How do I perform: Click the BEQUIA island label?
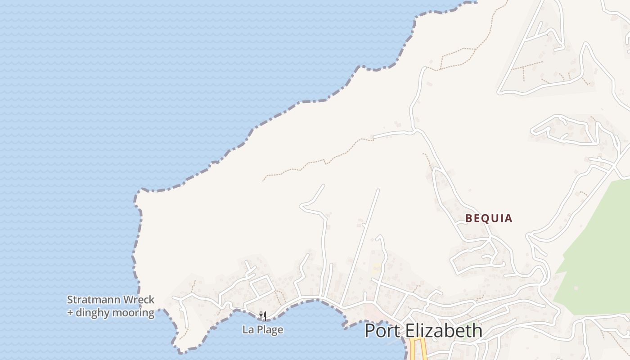[489, 219]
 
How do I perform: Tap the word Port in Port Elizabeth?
[382, 331]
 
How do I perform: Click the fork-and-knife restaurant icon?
[263, 316]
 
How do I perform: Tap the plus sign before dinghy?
[70, 313]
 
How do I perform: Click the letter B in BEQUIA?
[468, 219]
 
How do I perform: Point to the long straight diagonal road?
[360, 247]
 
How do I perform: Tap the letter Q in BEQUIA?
[488, 219]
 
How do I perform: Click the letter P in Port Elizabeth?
[370, 331]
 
